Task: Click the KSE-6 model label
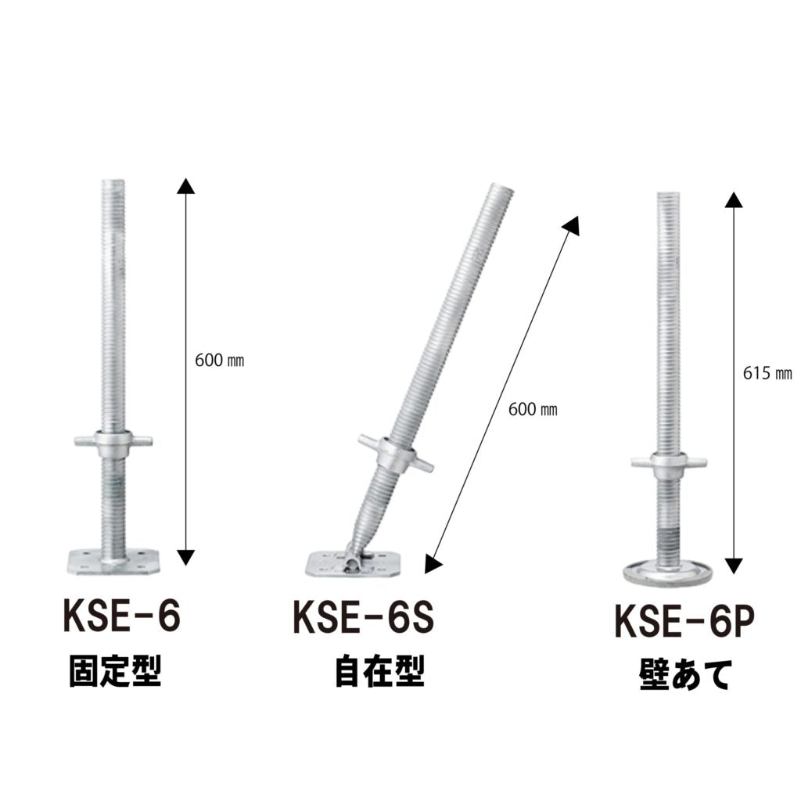click(121, 616)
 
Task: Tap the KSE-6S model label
click(363, 617)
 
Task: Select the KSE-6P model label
click(684, 621)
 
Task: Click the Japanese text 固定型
click(116, 671)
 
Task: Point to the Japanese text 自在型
click(379, 672)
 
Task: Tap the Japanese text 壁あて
click(685, 675)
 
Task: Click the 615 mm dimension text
click(767, 374)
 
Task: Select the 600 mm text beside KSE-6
click(220, 361)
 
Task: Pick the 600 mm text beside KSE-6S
click(533, 409)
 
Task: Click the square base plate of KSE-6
click(113, 561)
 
